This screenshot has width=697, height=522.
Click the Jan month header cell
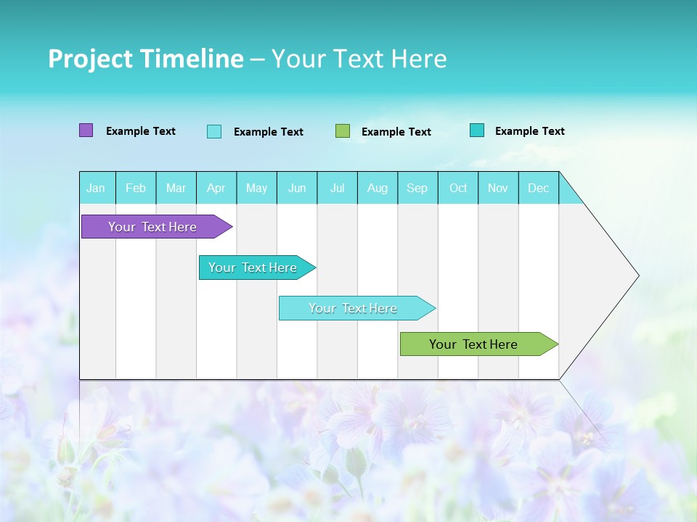[96, 188]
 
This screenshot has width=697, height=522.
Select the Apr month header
[216, 188]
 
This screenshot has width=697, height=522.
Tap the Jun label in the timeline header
[297, 188]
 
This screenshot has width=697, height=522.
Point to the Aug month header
[377, 188]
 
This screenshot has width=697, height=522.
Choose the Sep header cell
[417, 188]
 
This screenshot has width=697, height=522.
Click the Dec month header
[538, 188]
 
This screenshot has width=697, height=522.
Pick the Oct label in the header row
[458, 188]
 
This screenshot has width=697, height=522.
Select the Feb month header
[136, 188]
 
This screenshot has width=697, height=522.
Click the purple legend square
[86, 130]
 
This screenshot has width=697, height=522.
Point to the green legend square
[343, 131]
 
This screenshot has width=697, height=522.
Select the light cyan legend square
[214, 131]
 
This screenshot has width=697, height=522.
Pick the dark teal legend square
[477, 130]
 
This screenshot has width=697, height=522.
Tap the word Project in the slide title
[90, 59]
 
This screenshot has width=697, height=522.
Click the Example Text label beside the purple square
[141, 131]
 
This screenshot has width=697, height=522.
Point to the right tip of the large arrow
[637, 275]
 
